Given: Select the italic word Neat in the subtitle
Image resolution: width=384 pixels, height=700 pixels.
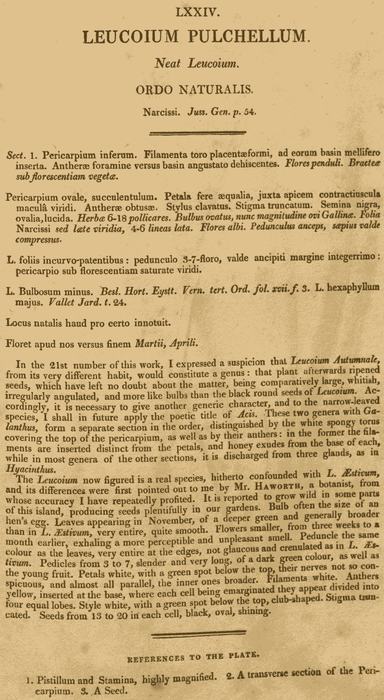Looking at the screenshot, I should [167, 64].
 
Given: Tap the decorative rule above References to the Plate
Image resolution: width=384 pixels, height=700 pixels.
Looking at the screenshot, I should [199, 633].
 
